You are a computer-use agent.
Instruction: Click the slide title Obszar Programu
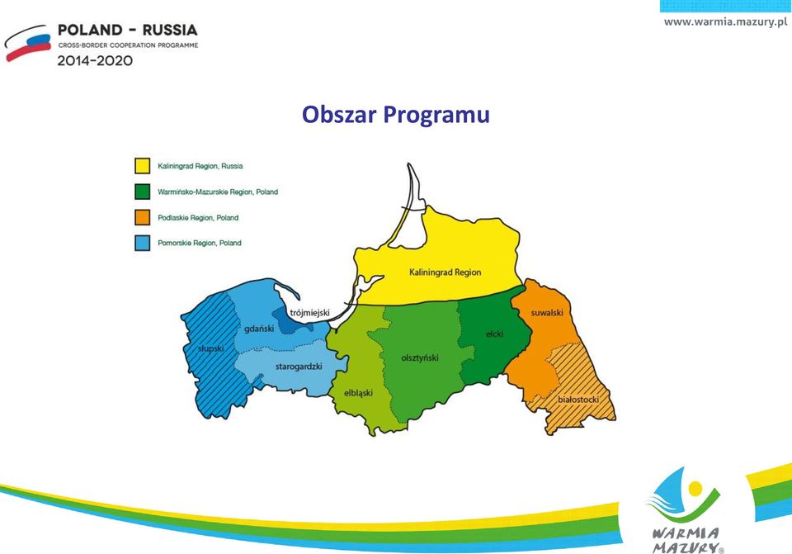point(395,115)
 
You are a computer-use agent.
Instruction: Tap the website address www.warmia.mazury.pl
point(725,21)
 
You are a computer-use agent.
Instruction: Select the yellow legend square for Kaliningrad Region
point(143,166)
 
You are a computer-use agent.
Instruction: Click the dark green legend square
point(143,192)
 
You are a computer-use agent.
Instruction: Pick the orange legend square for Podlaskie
point(143,217)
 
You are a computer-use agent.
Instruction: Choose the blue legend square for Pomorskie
point(143,243)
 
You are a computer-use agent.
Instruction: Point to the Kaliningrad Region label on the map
point(445,272)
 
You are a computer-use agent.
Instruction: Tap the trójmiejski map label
point(309,313)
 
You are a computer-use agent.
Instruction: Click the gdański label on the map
point(259,329)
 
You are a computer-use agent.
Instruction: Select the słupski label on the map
point(210,348)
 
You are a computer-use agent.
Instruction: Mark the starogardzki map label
point(299,367)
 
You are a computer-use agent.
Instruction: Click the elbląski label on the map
point(358,393)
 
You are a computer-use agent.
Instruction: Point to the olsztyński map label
point(420,357)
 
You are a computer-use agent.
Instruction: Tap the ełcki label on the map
point(494,334)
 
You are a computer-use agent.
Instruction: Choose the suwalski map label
point(546,313)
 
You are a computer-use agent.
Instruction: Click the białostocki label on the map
point(578,400)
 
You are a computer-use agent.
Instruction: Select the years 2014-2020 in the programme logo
point(95,60)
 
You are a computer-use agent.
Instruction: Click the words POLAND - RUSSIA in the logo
point(127,30)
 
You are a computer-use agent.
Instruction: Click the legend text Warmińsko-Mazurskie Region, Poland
point(218,192)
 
